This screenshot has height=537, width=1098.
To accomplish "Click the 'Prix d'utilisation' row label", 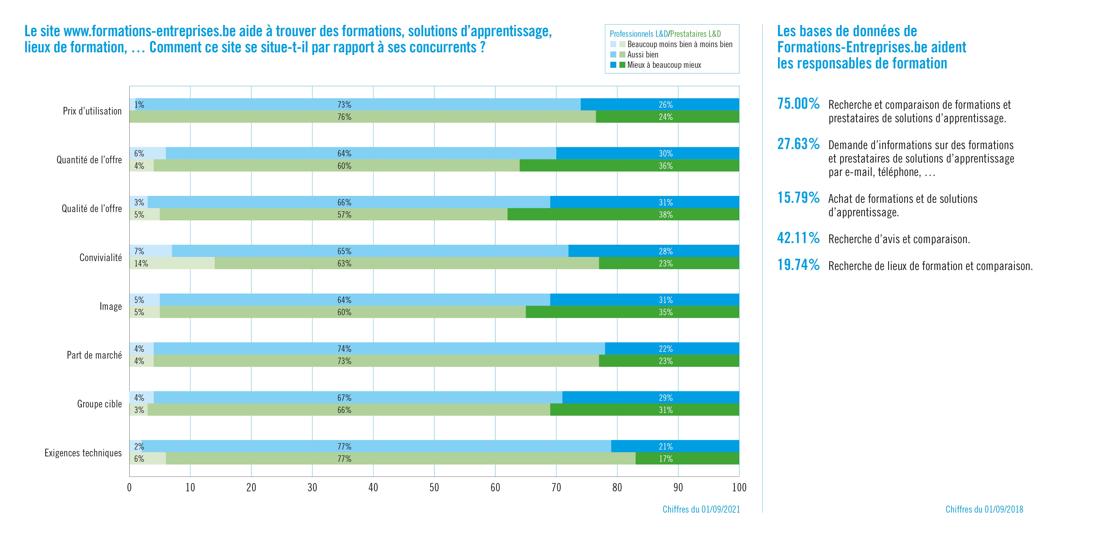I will tap(92, 111).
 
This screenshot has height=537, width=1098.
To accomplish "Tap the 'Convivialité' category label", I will tap(101, 258).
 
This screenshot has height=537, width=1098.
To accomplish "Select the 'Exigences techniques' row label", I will tap(83, 453).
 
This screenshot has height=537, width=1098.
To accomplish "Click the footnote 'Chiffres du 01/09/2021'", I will tap(701, 509).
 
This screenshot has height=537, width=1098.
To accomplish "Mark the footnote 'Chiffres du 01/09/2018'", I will tap(984, 509).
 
